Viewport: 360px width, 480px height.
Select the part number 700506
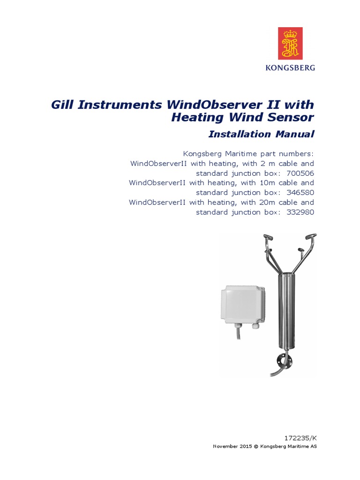[300, 173]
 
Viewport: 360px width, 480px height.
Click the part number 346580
[300, 193]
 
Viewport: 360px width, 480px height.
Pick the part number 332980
[300, 212]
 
